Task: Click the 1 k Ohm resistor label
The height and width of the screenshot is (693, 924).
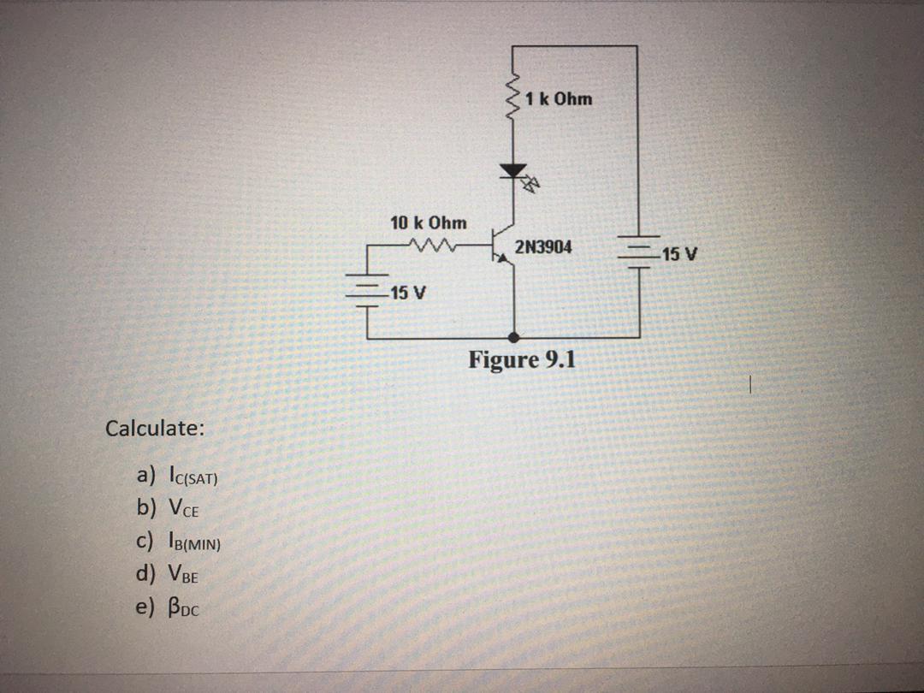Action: point(560,99)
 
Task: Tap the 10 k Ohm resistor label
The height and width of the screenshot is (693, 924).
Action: point(429,223)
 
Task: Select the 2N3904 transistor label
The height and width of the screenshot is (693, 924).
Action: point(543,248)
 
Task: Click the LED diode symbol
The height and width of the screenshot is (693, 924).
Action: point(514,172)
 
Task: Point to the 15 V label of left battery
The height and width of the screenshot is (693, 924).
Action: point(406,293)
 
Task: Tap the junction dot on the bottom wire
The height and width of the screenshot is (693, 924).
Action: point(513,338)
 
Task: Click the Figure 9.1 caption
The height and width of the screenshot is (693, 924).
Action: point(522,359)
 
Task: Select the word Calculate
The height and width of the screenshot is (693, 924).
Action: point(154,428)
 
